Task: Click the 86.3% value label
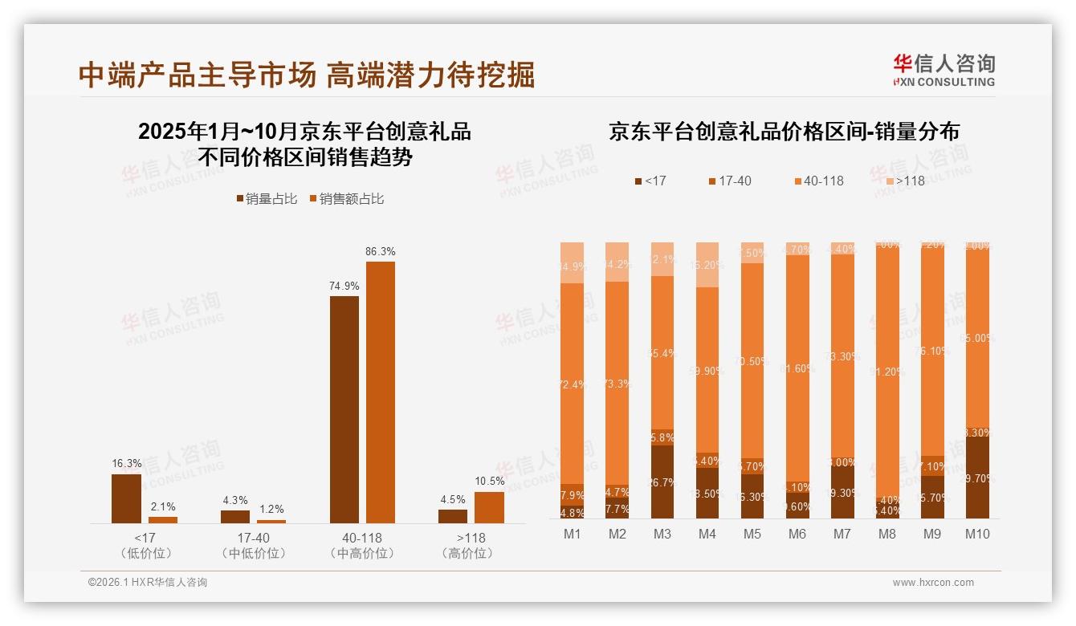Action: [380, 251]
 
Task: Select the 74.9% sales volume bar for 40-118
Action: [344, 409]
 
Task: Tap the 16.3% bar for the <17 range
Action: [126, 498]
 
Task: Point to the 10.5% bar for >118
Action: [489, 507]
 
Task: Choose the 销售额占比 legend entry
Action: [346, 199]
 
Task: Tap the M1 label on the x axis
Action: [573, 534]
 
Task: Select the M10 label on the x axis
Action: [977, 534]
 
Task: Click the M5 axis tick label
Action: [752, 534]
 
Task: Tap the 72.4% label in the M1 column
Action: [573, 385]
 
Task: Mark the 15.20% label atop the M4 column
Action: [707, 265]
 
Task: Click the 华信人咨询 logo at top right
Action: [944, 70]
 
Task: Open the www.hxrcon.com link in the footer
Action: [933, 583]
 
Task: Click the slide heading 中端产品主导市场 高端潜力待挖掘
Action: [307, 75]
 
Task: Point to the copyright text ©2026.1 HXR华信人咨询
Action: [148, 583]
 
